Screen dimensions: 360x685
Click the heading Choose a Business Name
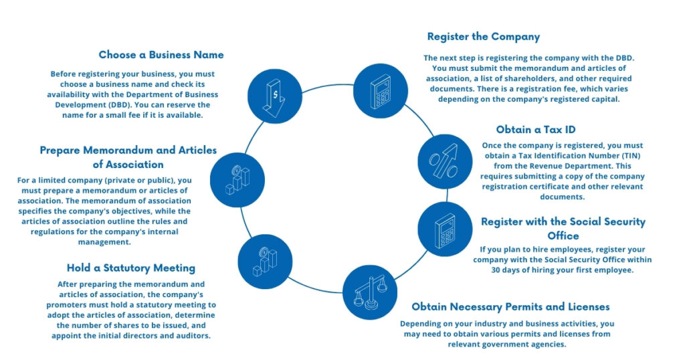[x=161, y=55]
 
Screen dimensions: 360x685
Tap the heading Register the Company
[x=483, y=36]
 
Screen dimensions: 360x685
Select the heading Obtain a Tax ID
[x=535, y=129]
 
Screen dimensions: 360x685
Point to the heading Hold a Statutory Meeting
[x=131, y=268]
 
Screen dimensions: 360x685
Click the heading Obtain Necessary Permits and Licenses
[x=510, y=306]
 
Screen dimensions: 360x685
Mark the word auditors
[x=191, y=335]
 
